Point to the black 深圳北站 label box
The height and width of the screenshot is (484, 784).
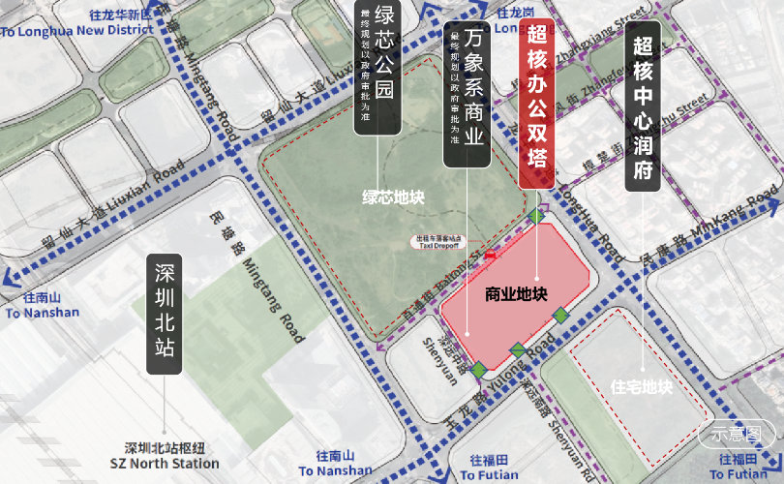point(165,315)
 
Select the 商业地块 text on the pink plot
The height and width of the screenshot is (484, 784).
point(517,293)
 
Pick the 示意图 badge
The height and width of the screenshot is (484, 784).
point(738,434)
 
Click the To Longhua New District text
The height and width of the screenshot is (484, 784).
point(77,30)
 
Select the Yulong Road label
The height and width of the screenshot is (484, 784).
point(523,363)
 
